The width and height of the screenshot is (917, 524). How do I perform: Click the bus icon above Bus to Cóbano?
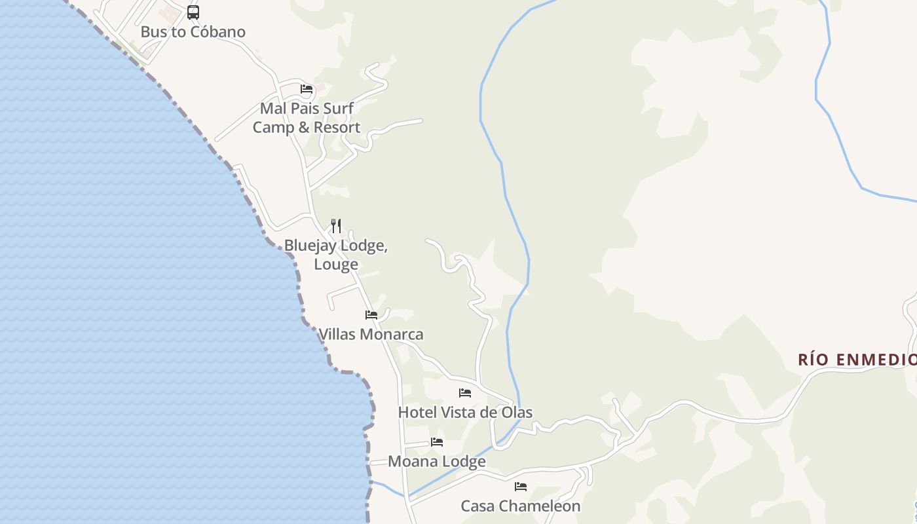(x=193, y=12)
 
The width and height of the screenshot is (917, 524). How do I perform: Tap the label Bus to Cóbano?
(x=193, y=31)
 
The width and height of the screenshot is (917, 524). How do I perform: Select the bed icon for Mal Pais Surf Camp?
(x=307, y=89)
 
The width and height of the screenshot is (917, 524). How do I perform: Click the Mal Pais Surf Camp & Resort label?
(x=307, y=117)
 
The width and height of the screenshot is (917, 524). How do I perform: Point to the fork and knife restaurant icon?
(x=336, y=226)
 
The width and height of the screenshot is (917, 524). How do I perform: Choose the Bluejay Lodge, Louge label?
(x=336, y=254)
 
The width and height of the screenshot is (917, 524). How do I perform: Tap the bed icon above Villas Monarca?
(x=371, y=315)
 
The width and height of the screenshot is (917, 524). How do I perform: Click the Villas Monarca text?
(x=371, y=334)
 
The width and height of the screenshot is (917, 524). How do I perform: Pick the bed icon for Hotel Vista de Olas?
(x=465, y=393)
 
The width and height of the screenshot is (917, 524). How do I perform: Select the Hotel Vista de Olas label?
(x=465, y=412)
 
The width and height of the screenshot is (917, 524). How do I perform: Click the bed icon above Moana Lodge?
(x=437, y=442)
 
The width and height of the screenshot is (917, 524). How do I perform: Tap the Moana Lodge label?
(x=437, y=461)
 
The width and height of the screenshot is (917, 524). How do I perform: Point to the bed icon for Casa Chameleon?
(x=521, y=487)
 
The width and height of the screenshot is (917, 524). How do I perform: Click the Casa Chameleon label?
(x=521, y=506)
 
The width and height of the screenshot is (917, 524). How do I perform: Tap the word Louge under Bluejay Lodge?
(x=336, y=264)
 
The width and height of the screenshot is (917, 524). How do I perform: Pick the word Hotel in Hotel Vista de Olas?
(x=418, y=412)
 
